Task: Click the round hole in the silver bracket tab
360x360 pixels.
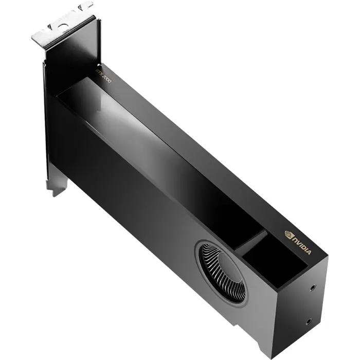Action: click(x=63, y=24)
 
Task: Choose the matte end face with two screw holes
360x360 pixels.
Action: click(x=303, y=309)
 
